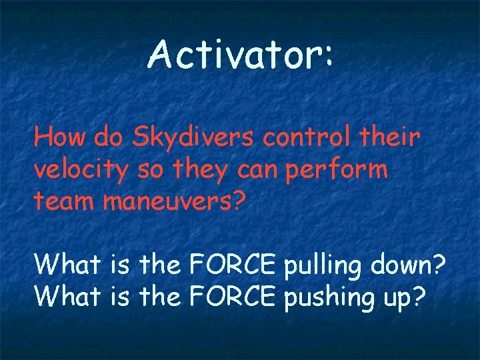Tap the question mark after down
[x=439, y=265]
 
